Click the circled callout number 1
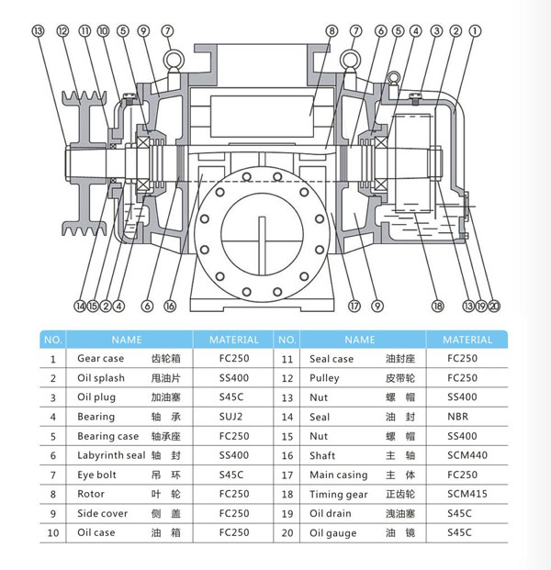point(475,30)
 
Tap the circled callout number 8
point(332,30)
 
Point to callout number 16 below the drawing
point(170,306)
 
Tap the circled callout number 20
point(496,306)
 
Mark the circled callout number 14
point(80,306)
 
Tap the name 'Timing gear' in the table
point(339,494)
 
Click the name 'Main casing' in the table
point(339,475)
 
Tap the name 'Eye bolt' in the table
point(97,475)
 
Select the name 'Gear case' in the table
point(101,359)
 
